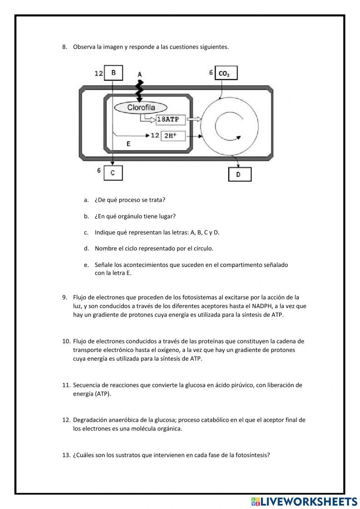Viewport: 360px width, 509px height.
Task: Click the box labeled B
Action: (113, 73)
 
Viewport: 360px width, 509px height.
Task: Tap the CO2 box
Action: (226, 73)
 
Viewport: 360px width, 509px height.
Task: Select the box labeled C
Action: (113, 173)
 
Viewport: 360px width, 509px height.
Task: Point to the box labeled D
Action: (239, 175)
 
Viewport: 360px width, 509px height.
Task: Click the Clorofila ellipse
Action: (141, 107)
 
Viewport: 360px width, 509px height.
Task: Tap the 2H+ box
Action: (173, 135)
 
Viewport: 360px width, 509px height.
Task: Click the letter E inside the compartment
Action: (129, 144)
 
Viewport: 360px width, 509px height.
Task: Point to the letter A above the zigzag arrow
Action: (140, 75)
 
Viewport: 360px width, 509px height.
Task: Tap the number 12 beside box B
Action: (99, 73)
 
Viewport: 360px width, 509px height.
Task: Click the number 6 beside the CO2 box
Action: (211, 73)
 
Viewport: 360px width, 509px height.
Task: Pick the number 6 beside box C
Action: (99, 170)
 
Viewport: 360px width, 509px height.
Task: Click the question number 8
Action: (64, 47)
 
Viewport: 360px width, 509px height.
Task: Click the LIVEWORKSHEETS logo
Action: (304, 501)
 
